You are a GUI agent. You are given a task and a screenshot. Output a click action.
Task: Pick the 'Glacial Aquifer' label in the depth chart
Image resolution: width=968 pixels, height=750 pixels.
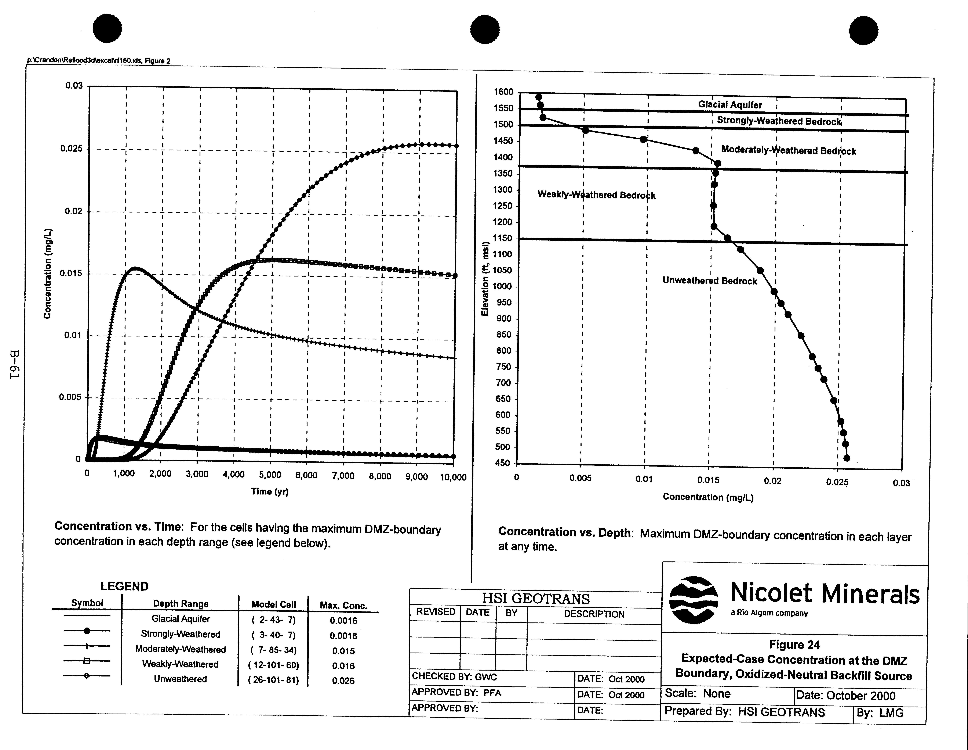point(730,105)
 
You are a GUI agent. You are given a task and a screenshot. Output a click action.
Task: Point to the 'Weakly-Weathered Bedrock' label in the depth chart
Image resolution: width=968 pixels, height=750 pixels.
point(596,195)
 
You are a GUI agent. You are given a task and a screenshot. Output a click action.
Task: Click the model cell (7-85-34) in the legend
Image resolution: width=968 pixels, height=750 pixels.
point(273,650)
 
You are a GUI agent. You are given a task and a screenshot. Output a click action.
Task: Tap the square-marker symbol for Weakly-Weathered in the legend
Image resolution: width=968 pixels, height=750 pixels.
point(87,661)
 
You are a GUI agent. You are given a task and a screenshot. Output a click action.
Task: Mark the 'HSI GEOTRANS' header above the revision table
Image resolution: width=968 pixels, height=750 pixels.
point(536,599)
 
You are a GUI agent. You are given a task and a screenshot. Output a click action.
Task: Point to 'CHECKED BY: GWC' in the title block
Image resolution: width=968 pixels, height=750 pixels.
point(454,677)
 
